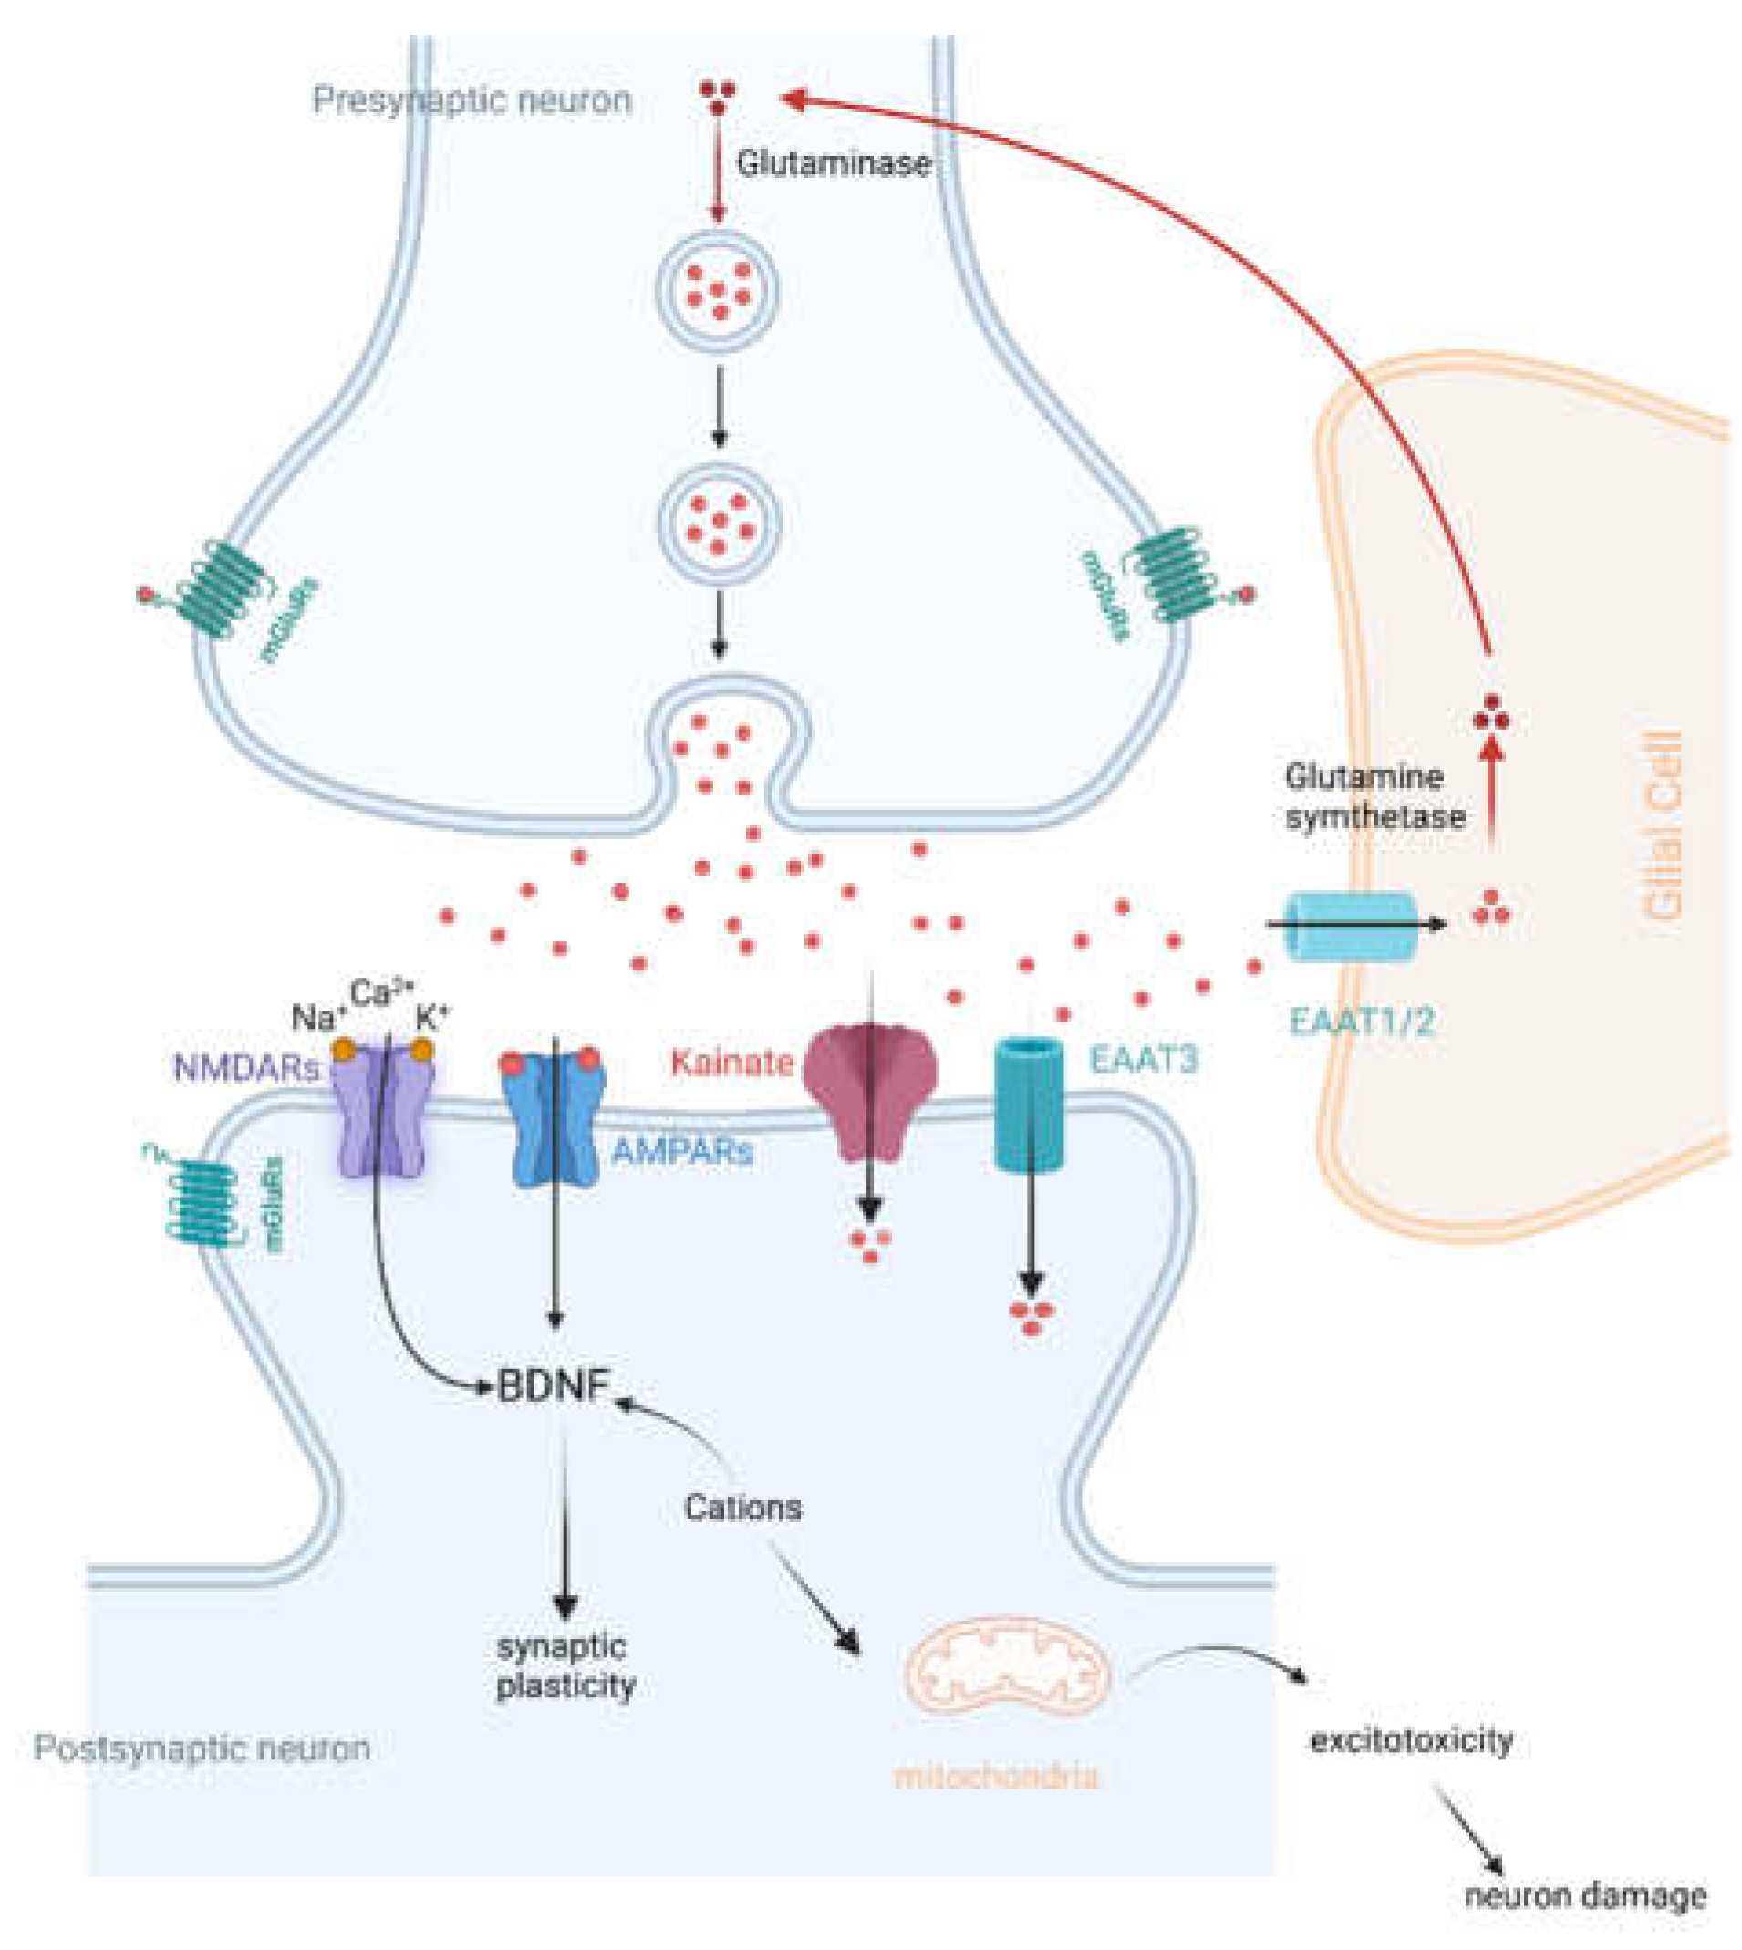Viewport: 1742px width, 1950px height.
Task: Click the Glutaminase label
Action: coord(833,162)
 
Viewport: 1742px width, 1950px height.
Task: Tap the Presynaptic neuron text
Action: coord(472,99)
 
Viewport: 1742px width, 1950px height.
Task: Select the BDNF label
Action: coord(554,1385)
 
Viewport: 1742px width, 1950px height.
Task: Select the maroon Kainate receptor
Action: coord(870,1092)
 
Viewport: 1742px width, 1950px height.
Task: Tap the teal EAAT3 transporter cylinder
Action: coord(1030,1105)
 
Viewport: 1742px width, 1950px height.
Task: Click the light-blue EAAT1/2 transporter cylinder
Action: coord(1350,925)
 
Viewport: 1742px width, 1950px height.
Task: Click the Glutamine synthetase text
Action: coord(1374,796)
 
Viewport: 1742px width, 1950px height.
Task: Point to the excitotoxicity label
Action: coord(1411,1739)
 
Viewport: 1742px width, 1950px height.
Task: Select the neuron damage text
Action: coord(1585,1894)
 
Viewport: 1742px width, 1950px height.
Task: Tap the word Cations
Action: coord(742,1508)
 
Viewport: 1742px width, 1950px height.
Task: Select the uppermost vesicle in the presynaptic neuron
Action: coord(717,289)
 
